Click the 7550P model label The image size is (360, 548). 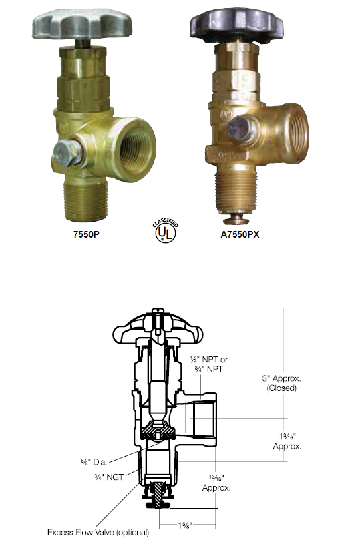pos(86,234)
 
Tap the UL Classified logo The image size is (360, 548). pos(165,231)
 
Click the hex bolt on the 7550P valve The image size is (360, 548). pos(68,153)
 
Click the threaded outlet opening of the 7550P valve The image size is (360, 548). pos(135,150)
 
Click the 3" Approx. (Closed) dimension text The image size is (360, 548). pos(281,383)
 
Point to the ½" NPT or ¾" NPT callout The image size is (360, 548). pos(209,364)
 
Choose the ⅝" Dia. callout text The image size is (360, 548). pos(94,462)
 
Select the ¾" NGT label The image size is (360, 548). pos(109,477)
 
